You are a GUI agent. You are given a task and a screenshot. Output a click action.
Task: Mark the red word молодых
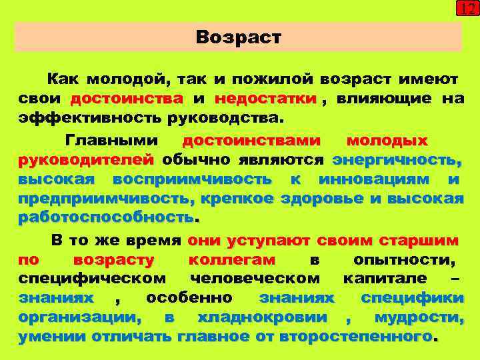click(387, 141)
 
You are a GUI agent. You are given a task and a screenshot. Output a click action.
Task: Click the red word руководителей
click(86, 160)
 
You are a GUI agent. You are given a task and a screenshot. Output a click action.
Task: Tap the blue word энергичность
click(397, 160)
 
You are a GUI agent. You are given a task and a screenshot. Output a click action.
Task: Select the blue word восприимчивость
click(192, 179)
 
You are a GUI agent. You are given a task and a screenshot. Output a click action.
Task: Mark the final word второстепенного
click(356, 337)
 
